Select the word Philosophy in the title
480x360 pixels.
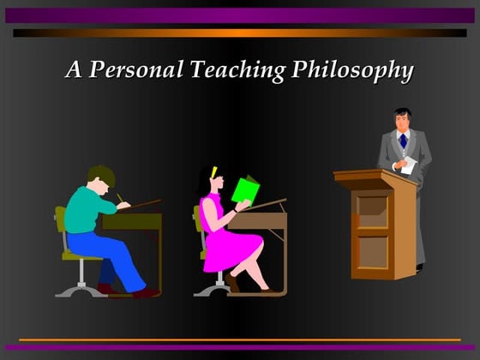pos(352,70)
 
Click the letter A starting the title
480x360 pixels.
pos(75,70)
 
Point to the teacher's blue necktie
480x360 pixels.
pos(403,140)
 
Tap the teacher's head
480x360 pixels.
pos(403,119)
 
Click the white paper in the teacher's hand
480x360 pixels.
pos(409,165)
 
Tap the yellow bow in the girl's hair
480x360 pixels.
pos(213,171)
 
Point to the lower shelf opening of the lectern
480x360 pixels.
pos(373,251)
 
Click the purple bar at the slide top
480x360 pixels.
pos(240,15)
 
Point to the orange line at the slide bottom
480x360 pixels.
pos(240,340)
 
